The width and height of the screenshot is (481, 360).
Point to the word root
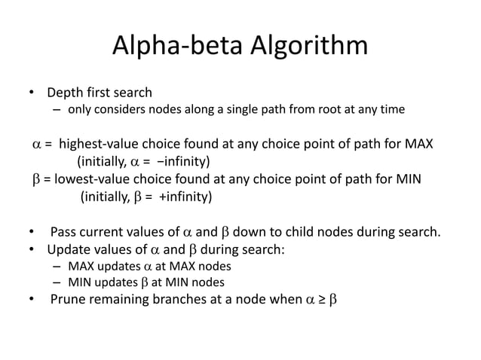[316, 110]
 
